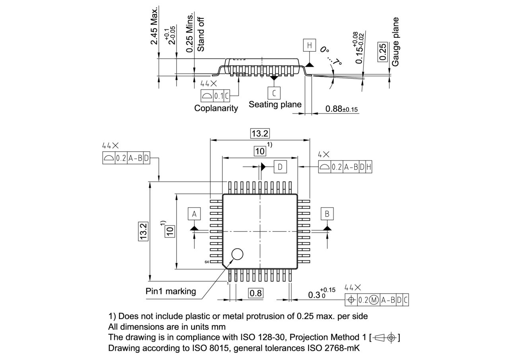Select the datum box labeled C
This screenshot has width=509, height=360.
pyautogui.click(x=274, y=93)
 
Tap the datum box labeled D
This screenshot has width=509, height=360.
pyautogui.click(x=280, y=167)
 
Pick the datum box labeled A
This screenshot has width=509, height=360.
pyautogui.click(x=194, y=214)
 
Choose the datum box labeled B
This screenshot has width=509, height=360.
pyautogui.click(x=327, y=214)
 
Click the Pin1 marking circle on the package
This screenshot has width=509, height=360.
pyautogui.click(x=237, y=254)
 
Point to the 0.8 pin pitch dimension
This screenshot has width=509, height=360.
pyautogui.click(x=256, y=294)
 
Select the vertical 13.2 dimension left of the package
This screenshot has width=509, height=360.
pyautogui.click(x=143, y=231)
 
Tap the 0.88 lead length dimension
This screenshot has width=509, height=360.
pyautogui.click(x=341, y=109)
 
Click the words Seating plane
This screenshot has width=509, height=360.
pyautogui.click(x=275, y=104)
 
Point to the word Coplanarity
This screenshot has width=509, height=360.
pyautogui.click(x=216, y=108)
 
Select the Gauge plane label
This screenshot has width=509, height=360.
pyautogui.click(x=395, y=41)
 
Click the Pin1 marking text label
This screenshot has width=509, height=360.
pyautogui.click(x=171, y=291)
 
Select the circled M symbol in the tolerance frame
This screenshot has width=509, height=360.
pyautogui.click(x=374, y=300)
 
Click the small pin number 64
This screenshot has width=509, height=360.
pyautogui.click(x=207, y=262)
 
